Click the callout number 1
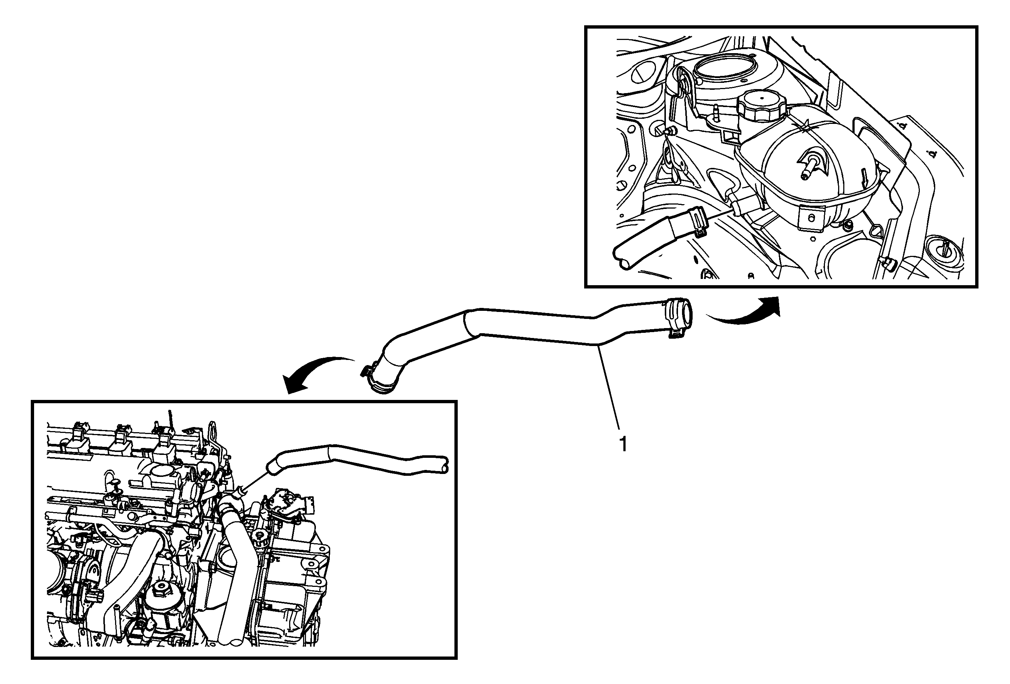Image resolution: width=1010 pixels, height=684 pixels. tap(624, 445)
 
